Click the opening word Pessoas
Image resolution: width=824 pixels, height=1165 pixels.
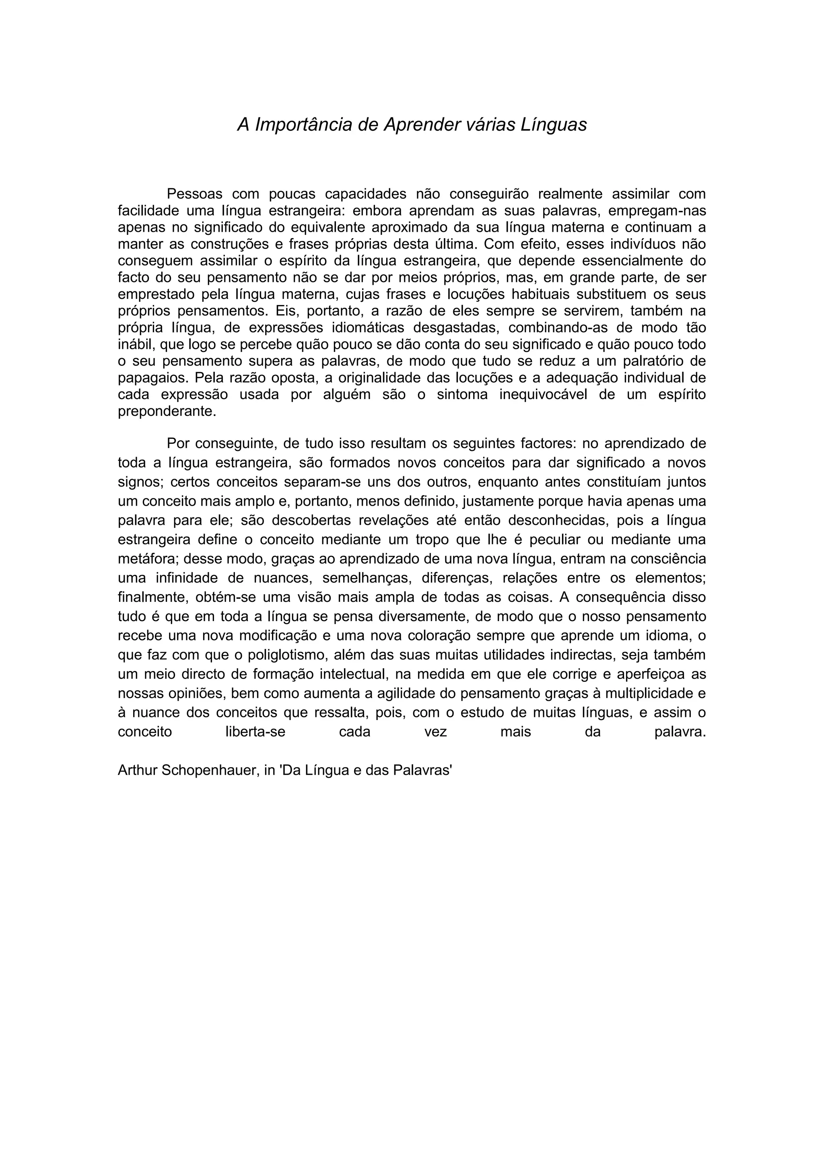pos(194,194)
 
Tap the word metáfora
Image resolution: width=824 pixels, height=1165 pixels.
pos(148,559)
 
